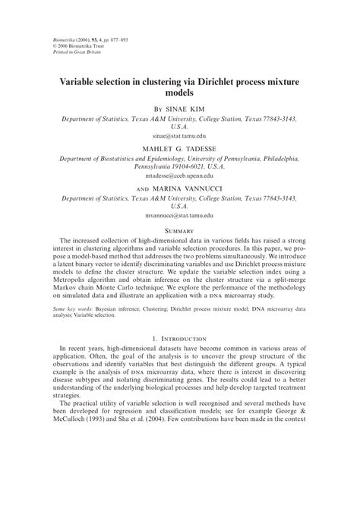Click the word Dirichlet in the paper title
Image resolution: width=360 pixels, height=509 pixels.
[x=221, y=78]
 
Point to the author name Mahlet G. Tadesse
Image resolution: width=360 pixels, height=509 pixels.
[x=180, y=150]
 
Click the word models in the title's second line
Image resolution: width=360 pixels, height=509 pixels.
[x=180, y=91]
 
